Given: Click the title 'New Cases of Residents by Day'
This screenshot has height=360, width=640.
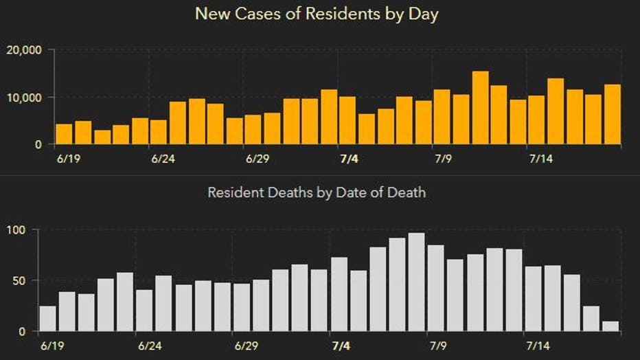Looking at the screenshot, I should pos(317,14).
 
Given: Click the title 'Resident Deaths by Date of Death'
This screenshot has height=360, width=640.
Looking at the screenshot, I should pos(317,192).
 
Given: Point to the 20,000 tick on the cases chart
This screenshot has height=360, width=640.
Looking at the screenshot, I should pos(24,50).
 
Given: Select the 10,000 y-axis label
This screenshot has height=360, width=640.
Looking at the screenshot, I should pos(24,98).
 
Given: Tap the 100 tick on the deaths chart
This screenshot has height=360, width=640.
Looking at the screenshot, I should pos(16,229).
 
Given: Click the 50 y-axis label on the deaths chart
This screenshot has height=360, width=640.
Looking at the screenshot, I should pos(19,280).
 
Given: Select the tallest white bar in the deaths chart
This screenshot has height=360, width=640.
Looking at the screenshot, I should pos(416,282).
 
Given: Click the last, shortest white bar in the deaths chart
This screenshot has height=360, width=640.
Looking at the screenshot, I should pos(610,326).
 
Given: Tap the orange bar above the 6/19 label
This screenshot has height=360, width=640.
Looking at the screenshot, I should pos(64,134).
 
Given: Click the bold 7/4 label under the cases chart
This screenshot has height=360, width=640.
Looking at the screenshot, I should pos(349,159).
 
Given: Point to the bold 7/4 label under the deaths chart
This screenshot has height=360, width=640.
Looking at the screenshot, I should pos(340,346).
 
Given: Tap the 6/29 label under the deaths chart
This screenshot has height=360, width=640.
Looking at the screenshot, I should pos(245,346).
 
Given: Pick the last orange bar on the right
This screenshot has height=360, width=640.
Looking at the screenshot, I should pos(613,114).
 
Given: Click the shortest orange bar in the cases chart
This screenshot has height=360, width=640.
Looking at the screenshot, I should pos(102,137).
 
